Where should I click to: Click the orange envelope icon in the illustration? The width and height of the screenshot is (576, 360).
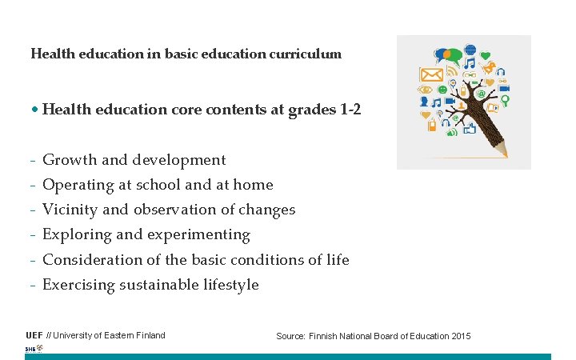[431, 76]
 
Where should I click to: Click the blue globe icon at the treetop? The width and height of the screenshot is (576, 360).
[470, 50]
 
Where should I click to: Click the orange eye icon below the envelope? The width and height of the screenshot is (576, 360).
[425, 89]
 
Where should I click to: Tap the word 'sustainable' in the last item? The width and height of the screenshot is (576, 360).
[157, 285]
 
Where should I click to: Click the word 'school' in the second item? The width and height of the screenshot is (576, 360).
[158, 185]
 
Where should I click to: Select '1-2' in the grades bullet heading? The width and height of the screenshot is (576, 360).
[350, 109]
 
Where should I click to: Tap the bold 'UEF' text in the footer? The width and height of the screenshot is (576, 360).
[34, 335]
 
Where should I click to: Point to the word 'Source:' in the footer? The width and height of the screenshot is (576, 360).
[290, 336]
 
